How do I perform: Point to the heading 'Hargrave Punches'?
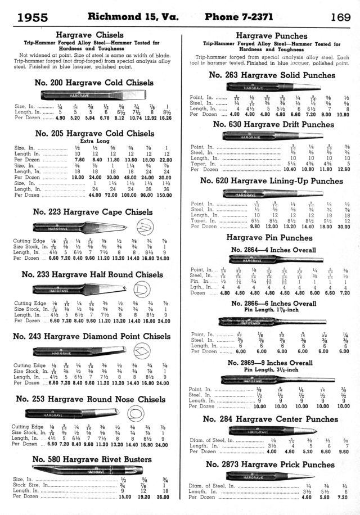[271, 35]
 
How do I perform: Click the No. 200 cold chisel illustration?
[94, 95]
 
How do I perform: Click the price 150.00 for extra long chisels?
[164, 195]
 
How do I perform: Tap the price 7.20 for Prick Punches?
[343, 498]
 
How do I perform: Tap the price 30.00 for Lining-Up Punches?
[343, 227]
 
